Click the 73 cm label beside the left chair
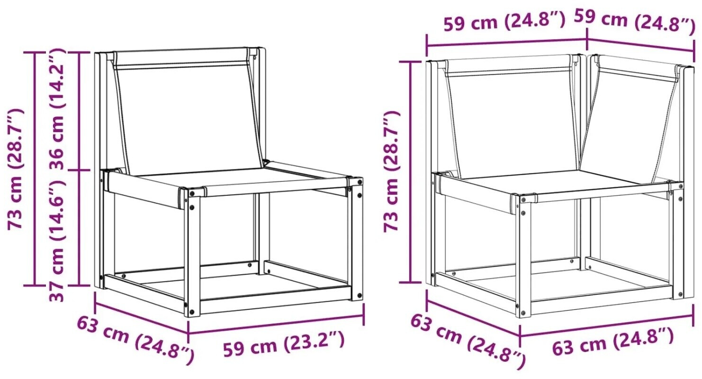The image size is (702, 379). pos(15,169)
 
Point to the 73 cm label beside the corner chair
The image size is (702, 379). pos(391,171)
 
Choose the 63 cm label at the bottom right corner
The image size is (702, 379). pos(612,342)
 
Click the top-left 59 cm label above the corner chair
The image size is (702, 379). pos(505,21)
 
